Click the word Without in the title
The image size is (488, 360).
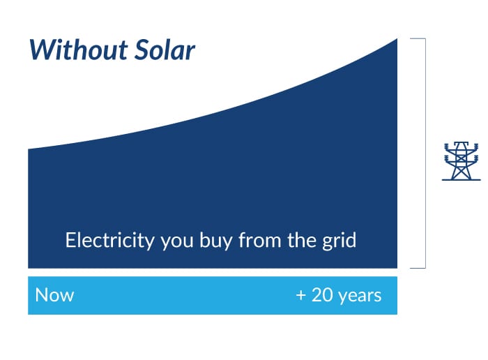click(78, 50)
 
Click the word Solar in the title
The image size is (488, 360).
click(165, 50)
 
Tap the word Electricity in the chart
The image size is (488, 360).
click(110, 241)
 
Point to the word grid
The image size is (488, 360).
click(339, 241)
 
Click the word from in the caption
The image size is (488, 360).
click(260, 241)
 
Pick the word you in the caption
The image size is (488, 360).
click(177, 241)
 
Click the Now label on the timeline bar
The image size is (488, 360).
click(54, 295)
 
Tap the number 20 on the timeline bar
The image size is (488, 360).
click(322, 295)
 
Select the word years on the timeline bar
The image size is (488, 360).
click(360, 296)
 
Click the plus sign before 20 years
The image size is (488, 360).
click(301, 295)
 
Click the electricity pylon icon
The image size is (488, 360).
click(462, 161)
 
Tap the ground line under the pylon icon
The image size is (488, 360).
click(462, 180)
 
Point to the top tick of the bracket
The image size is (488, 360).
click(418, 38)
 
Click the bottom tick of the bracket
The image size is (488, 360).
click(418, 267)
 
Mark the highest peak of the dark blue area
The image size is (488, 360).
click(397, 39)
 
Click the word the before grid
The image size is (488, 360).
click(302, 241)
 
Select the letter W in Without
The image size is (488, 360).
click(40, 50)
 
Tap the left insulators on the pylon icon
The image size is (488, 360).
click(448, 153)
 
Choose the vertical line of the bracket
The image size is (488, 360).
click(425, 153)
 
